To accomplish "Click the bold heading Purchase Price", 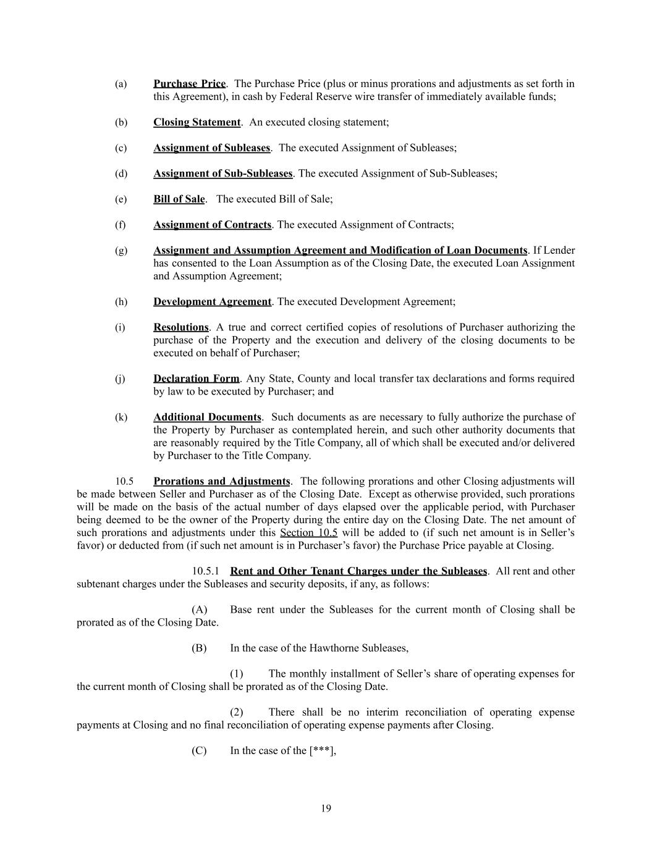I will [x=189, y=83].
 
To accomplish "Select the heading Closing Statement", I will [x=197, y=122].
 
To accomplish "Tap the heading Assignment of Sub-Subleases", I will [x=222, y=174].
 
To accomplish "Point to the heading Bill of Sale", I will [x=179, y=199].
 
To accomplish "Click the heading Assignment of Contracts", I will [x=212, y=225].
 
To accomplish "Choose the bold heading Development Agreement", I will [x=212, y=302].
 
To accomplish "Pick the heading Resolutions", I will [x=181, y=327].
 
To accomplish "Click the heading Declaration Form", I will [x=196, y=379].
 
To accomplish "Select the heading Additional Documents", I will [x=207, y=417].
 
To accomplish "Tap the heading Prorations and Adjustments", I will [x=221, y=481].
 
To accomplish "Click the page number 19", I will [x=326, y=808].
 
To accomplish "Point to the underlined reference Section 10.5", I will [x=308, y=532].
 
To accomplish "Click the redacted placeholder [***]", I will [x=321, y=751].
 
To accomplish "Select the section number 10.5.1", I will [x=205, y=571].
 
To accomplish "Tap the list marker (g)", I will [x=121, y=251].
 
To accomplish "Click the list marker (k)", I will [x=121, y=417].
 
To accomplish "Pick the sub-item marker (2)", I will [x=237, y=712].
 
